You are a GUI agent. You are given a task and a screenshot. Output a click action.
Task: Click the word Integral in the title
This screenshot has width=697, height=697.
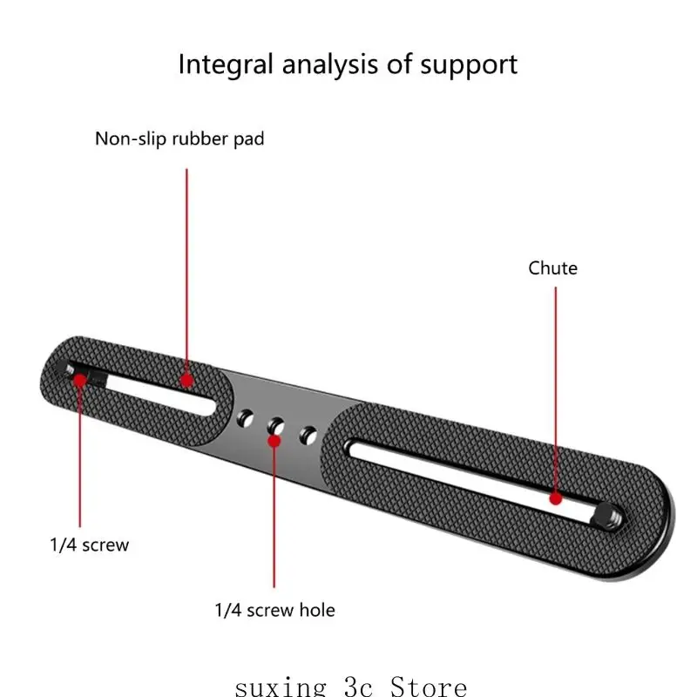[226, 64]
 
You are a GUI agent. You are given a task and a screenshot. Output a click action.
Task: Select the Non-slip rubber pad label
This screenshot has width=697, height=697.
[179, 139]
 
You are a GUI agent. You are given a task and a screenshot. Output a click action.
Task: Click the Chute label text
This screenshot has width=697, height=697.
[552, 268]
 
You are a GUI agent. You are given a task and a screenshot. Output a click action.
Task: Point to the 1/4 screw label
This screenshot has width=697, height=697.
[90, 545]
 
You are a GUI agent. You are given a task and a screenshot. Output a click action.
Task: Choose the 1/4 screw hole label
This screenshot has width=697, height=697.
[274, 611]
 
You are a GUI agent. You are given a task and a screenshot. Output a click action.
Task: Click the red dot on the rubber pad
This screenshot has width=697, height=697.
[186, 381]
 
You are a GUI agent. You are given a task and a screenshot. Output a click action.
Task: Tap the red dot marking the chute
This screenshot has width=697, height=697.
[556, 498]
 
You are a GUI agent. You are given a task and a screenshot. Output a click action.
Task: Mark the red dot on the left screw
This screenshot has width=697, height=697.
[80, 381]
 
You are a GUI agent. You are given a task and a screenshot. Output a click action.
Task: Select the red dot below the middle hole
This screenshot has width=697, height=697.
[274, 441]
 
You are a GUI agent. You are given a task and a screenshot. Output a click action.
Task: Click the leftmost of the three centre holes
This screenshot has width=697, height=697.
[245, 419]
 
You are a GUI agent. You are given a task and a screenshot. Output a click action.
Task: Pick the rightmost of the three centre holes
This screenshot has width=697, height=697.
[308, 435]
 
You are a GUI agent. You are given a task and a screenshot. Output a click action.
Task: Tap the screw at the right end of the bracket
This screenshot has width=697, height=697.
[609, 515]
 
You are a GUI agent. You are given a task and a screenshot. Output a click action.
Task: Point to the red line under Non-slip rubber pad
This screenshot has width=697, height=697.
[186, 272]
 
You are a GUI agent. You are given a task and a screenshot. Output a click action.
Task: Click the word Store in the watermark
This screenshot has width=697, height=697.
[429, 687]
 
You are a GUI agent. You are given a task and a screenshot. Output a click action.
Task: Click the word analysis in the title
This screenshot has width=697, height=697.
[330, 64]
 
